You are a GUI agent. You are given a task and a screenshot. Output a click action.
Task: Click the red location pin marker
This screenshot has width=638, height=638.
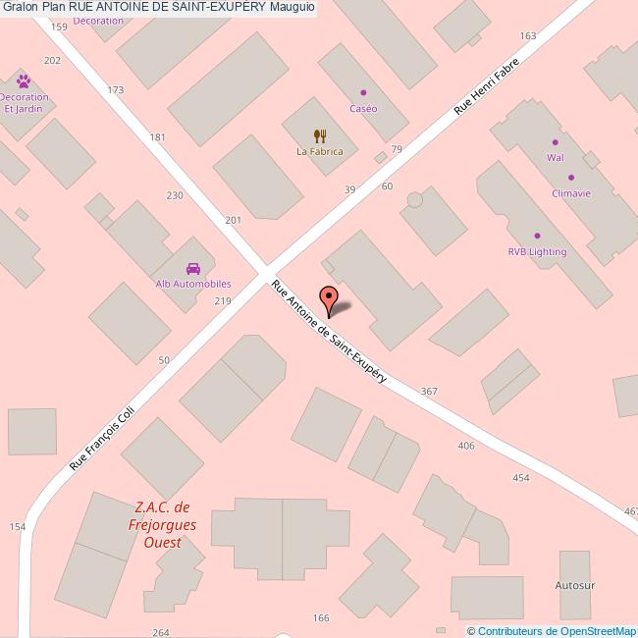tap(329, 297)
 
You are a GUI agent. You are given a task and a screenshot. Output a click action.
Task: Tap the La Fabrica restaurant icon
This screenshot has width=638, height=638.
tap(320, 135)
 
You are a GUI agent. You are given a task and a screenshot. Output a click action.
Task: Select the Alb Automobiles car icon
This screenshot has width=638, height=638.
tap(193, 268)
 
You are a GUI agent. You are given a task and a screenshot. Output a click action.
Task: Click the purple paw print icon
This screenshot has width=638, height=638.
tap(24, 80)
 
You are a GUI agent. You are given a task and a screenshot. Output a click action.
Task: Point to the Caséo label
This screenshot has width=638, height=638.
tap(363, 108)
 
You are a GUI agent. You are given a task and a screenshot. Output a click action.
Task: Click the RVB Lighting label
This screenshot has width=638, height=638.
tap(537, 251)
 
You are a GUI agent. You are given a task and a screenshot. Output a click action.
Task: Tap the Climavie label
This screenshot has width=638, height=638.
tap(571, 193)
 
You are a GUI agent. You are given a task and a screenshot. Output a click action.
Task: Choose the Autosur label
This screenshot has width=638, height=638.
tap(576, 585)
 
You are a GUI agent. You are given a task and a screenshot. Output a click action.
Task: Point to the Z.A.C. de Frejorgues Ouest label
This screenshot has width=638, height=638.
tap(162, 524)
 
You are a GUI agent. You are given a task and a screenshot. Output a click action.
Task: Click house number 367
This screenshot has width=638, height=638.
tap(428, 392)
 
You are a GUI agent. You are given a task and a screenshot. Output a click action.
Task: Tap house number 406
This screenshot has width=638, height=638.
tap(466, 446)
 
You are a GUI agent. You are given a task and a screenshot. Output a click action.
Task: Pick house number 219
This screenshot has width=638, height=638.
tap(223, 300)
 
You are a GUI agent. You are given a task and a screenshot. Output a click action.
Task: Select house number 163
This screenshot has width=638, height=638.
tap(528, 36)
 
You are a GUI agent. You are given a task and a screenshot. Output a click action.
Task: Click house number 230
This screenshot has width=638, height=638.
tap(175, 195)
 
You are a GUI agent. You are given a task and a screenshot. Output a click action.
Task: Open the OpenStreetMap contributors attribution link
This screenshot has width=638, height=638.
tap(556, 631)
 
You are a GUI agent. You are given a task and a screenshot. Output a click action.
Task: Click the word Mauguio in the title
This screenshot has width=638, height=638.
tap(292, 7)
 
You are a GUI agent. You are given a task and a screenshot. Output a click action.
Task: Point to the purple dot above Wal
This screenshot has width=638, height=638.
tap(555, 142)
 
